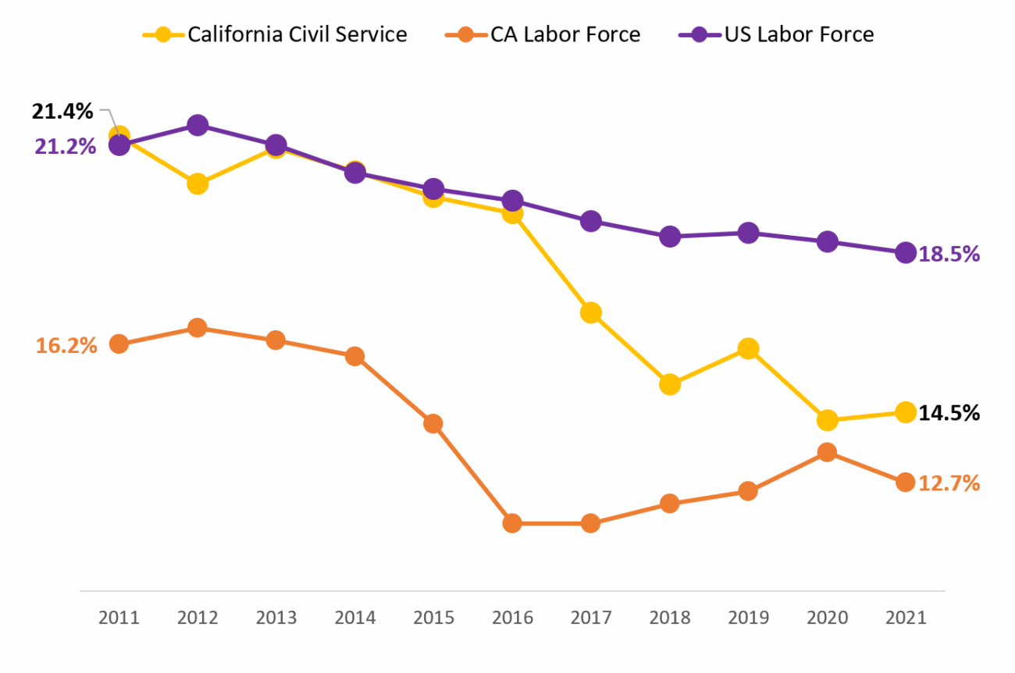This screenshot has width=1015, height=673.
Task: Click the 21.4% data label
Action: [x=62, y=112]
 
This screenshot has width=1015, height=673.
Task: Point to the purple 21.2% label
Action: [x=65, y=146]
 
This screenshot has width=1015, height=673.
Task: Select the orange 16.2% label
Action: [x=66, y=345]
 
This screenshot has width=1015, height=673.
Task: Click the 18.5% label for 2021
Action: [x=949, y=254]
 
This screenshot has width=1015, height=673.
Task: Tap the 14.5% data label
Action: [x=949, y=413]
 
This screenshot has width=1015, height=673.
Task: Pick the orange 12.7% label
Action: [x=949, y=483]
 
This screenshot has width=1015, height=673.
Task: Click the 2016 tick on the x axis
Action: [x=512, y=618]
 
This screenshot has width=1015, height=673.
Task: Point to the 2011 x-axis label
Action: [x=119, y=618]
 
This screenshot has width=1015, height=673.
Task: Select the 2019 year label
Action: [x=748, y=618]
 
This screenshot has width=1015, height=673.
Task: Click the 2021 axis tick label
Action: [x=905, y=618]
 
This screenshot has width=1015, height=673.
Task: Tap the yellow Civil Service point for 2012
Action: [x=198, y=184]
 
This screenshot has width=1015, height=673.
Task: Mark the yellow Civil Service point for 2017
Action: [x=591, y=313]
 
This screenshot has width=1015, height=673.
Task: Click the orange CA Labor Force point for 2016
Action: [x=512, y=523]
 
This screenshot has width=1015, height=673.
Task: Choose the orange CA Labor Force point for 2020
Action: [x=827, y=452]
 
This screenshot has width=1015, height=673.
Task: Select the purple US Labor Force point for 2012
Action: [x=198, y=125]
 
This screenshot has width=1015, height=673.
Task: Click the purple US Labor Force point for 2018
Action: [x=670, y=237]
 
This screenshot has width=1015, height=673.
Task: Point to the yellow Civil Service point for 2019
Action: [x=748, y=348]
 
